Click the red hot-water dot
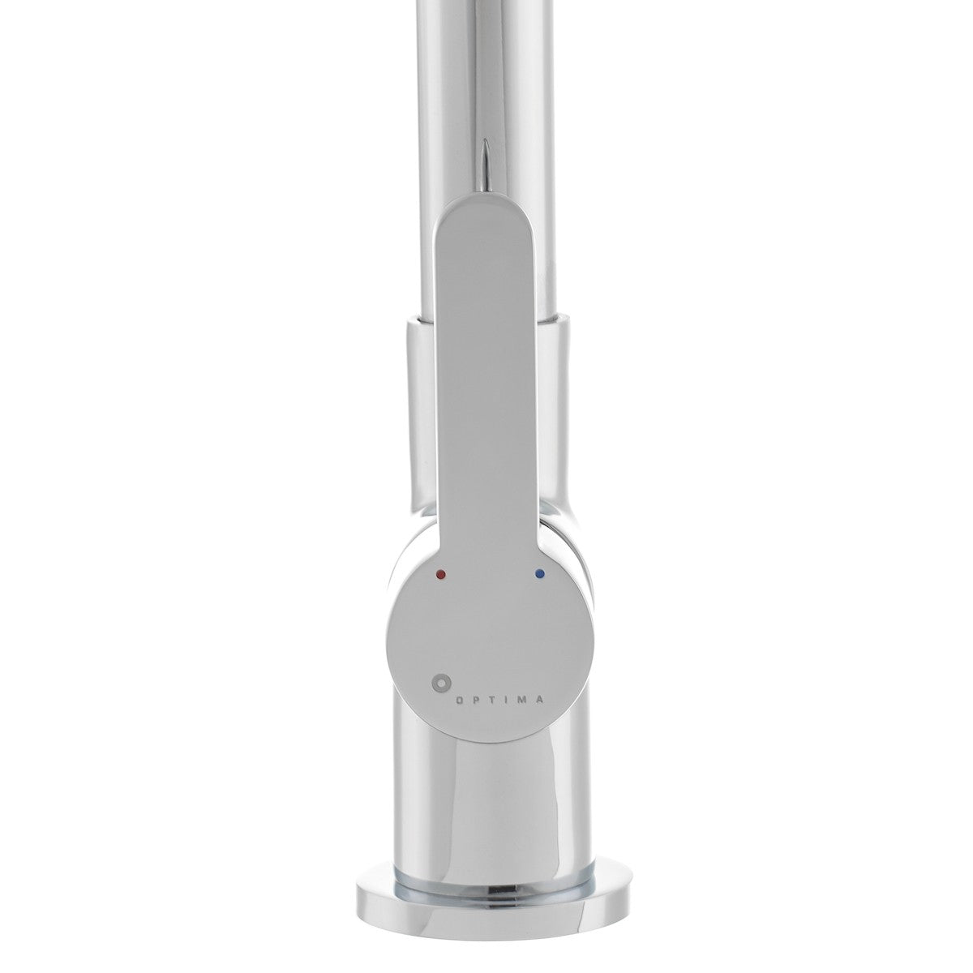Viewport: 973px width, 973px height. [441, 574]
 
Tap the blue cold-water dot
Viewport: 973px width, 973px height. [540, 574]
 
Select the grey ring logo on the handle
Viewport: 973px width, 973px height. [441, 683]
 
